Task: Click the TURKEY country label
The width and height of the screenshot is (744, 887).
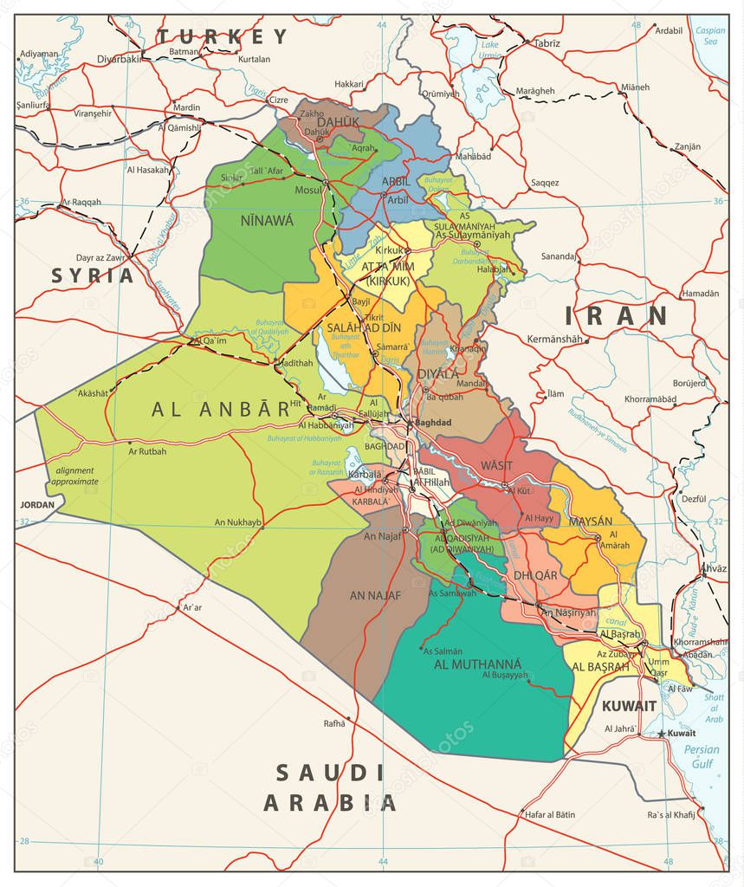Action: [222, 36]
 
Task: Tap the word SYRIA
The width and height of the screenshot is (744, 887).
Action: [93, 275]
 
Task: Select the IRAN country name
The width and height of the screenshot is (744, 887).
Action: [616, 316]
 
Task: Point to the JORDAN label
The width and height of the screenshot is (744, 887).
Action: [37, 504]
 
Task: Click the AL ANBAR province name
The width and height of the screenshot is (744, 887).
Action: [220, 410]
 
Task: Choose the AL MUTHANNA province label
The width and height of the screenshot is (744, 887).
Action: [478, 664]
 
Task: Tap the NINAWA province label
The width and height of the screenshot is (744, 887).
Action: [267, 221]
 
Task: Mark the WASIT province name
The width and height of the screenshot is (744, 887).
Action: [496, 465]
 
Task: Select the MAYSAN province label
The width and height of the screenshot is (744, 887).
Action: [590, 521]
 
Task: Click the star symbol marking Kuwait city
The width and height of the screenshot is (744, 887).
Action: [662, 734]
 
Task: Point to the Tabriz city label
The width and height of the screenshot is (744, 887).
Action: [547, 42]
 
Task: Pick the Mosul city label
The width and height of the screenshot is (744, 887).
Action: [307, 189]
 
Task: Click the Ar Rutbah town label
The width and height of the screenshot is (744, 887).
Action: [147, 451]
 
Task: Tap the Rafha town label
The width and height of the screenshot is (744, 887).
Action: [334, 723]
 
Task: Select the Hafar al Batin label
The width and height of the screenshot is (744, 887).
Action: [549, 814]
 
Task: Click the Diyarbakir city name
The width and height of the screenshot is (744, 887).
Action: [120, 59]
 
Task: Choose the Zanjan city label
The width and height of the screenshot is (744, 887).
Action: [687, 146]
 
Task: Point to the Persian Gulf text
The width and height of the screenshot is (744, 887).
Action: [701, 757]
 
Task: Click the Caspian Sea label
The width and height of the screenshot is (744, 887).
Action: [709, 36]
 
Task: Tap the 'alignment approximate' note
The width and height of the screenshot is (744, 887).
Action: [74, 476]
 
